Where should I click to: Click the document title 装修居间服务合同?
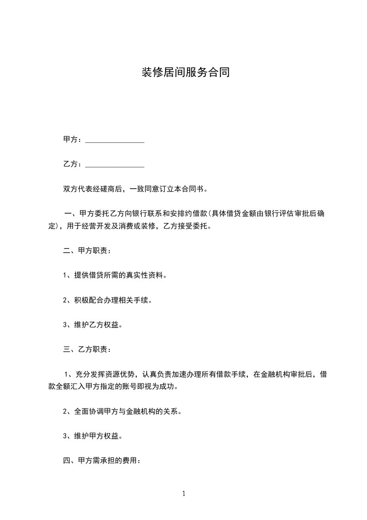185,73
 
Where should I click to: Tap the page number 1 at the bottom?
184,494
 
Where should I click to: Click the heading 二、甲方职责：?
87,251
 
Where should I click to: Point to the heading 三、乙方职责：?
87,349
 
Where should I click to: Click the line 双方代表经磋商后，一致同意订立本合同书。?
135,189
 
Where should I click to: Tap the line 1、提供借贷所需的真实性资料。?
115,275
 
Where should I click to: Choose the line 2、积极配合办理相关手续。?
107,300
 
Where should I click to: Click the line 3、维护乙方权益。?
93,324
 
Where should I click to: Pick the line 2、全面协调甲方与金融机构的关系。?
122,411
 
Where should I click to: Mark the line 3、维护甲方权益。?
93,436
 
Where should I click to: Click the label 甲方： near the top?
73,140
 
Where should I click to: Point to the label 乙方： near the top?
73,165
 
